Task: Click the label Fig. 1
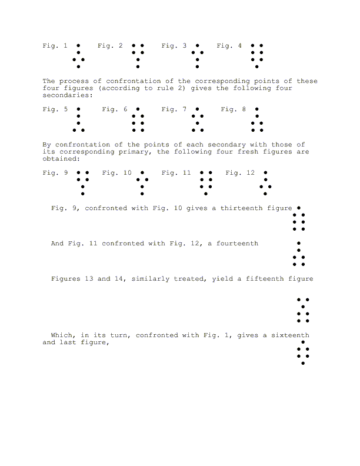(x=55, y=45)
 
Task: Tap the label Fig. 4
(x=229, y=45)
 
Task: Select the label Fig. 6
(x=115, y=109)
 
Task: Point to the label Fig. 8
(x=234, y=109)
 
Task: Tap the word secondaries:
(x=68, y=95)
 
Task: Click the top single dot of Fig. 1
(x=78, y=45)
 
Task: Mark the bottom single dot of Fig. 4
(x=256, y=66)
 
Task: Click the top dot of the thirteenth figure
(x=299, y=208)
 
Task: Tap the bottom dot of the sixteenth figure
(x=303, y=363)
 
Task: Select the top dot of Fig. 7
(x=197, y=109)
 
